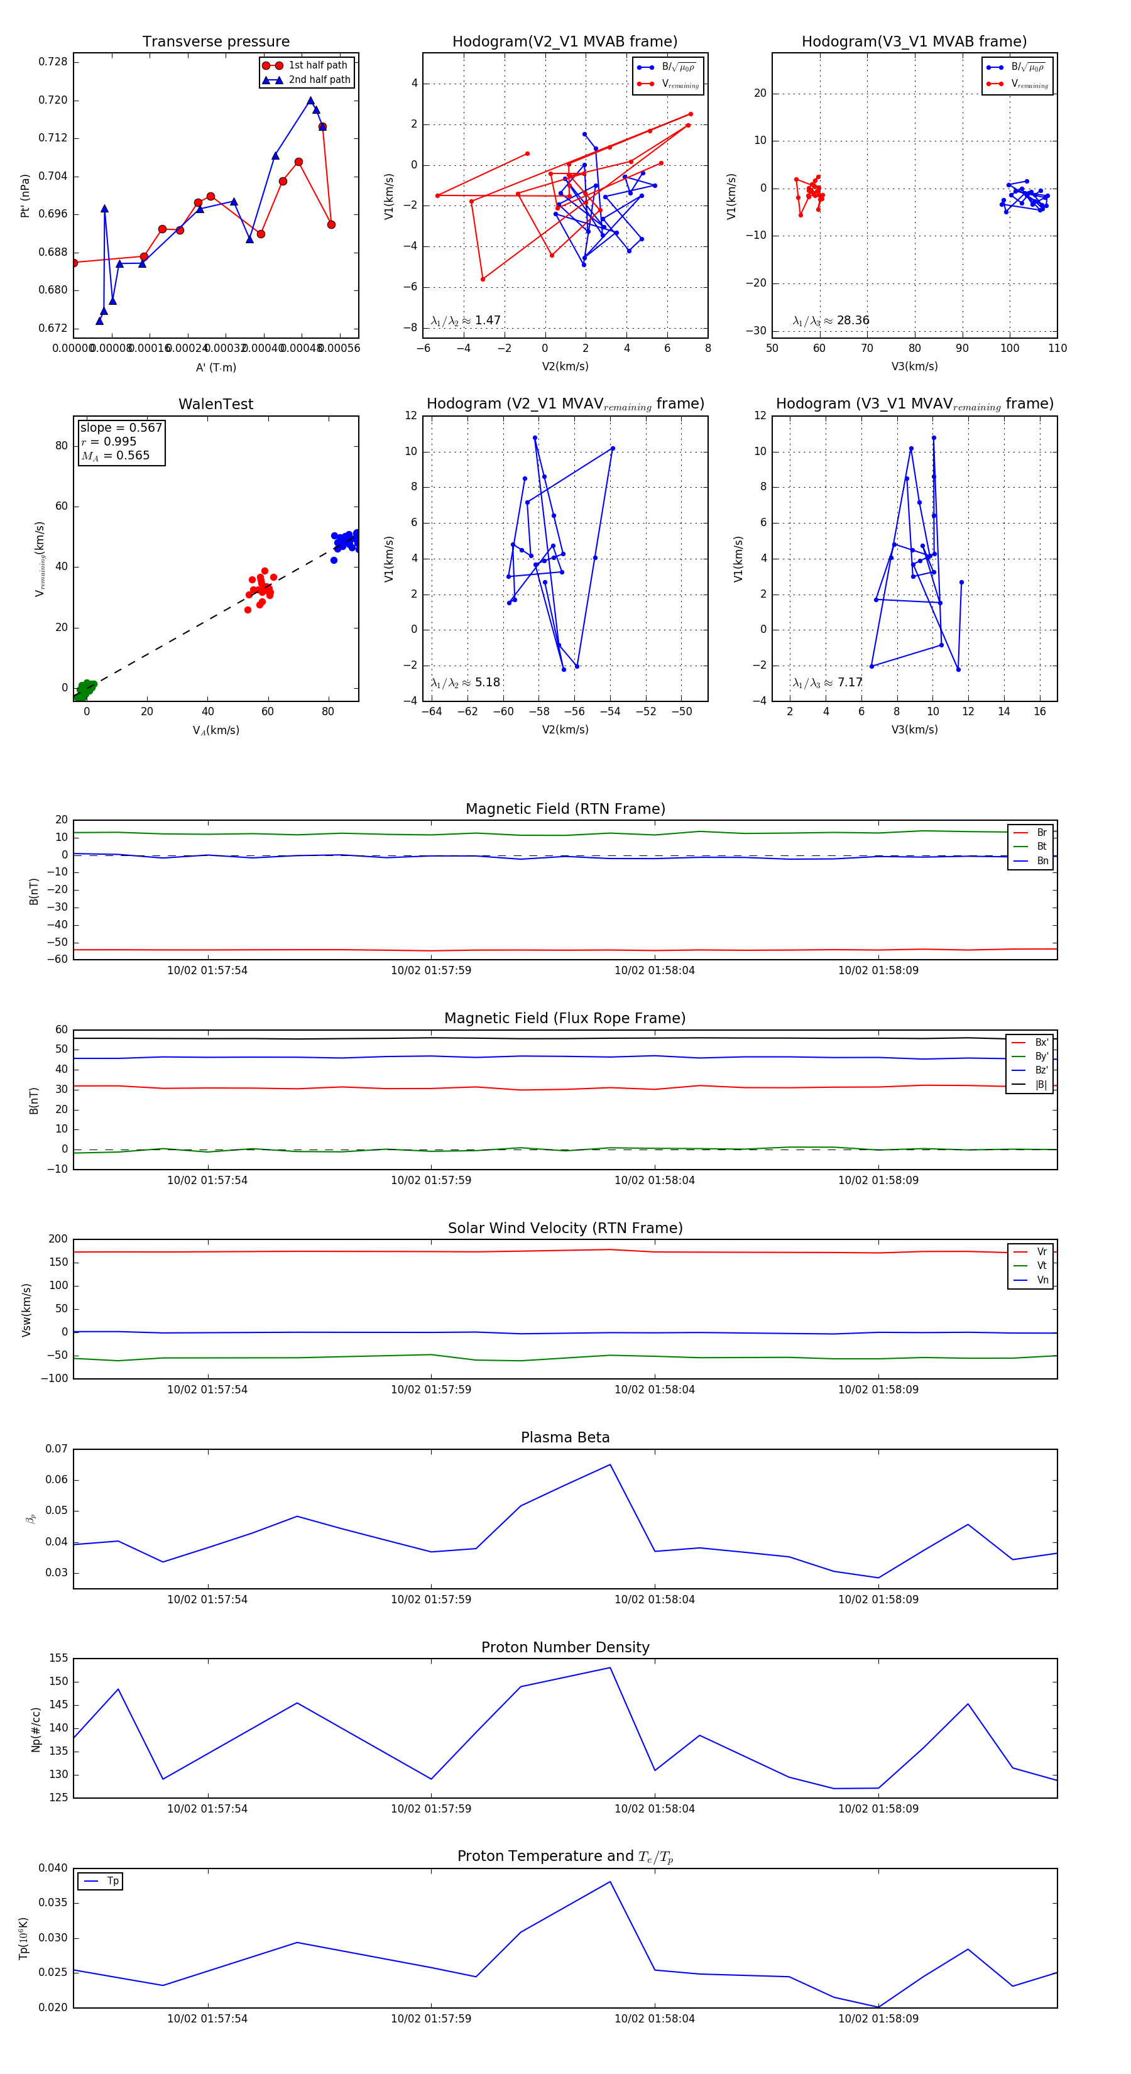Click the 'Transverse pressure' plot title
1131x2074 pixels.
click(216, 42)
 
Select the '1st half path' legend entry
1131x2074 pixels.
click(317, 65)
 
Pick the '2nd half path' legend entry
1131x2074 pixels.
click(319, 80)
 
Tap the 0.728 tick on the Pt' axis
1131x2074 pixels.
click(53, 62)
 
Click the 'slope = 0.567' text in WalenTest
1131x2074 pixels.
click(121, 427)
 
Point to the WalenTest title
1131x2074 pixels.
click(216, 404)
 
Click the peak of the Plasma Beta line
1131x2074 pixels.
click(610, 1464)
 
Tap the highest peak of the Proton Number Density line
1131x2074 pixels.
click(610, 1667)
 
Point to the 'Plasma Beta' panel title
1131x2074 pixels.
click(565, 1437)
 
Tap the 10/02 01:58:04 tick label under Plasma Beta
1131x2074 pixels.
click(655, 1599)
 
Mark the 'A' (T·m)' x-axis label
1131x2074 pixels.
click(216, 367)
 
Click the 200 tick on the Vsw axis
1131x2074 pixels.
click(58, 1239)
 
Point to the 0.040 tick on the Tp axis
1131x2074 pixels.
click(53, 1868)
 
